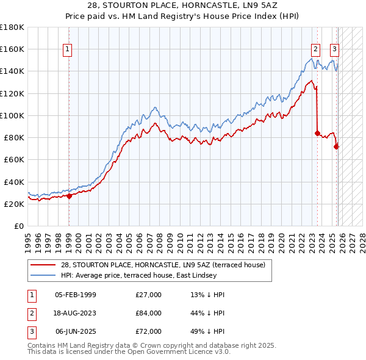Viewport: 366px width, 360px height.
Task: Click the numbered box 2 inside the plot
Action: (x=315, y=50)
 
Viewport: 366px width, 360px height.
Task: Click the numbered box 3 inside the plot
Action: (x=335, y=50)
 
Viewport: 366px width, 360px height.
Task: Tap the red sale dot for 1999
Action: (x=69, y=196)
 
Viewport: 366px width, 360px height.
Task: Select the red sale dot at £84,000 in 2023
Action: (x=317, y=133)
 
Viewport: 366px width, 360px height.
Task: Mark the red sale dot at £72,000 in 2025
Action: (x=336, y=146)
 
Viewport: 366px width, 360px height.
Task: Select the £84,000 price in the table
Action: (x=149, y=313)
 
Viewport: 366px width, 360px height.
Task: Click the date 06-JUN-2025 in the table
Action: (x=76, y=331)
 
